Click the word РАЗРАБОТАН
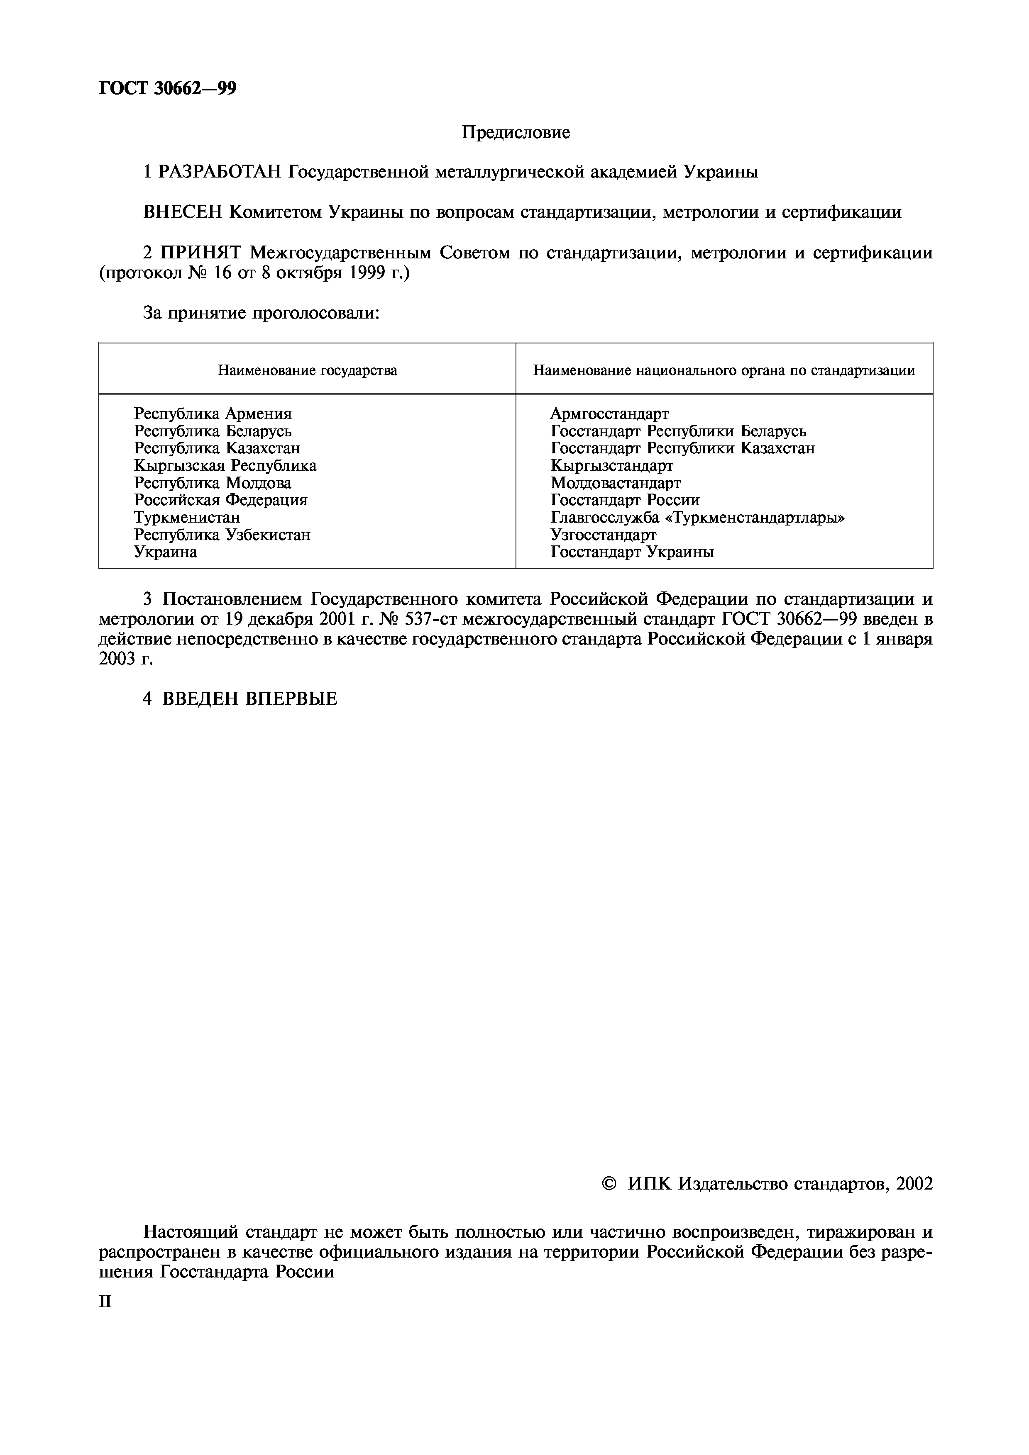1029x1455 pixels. (x=219, y=172)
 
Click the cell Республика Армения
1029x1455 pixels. (x=213, y=414)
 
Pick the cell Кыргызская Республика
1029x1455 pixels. (x=225, y=466)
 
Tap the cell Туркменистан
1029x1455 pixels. (x=187, y=518)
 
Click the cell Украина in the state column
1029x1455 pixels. (x=166, y=552)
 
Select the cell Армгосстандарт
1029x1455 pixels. (x=609, y=414)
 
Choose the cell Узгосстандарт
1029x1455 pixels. (x=603, y=535)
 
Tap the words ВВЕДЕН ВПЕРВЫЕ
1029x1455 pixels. (x=250, y=699)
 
